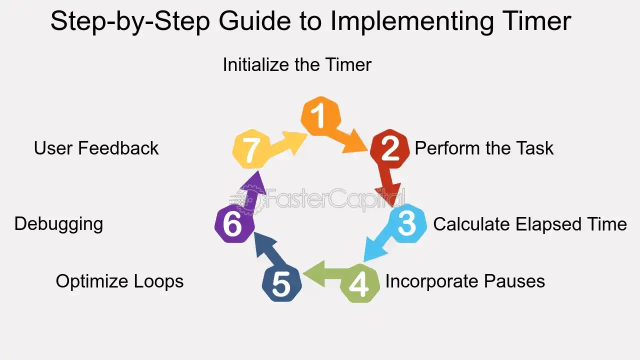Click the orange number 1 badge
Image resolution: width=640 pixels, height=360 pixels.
[320, 115]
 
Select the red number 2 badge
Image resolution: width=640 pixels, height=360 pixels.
[389, 149]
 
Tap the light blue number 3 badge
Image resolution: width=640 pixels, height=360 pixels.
[407, 223]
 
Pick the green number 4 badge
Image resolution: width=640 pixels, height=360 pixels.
[360, 283]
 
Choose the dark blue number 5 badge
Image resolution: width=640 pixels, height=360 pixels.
[281, 283]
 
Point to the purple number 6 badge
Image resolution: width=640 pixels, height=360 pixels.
[234, 224]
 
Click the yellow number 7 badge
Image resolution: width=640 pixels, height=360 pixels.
[251, 149]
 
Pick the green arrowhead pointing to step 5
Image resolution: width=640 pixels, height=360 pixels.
[314, 273]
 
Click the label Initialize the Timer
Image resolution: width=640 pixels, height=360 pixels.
[297, 64]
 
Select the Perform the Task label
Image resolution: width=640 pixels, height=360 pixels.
[484, 148]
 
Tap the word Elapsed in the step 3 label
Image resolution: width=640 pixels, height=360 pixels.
[548, 224]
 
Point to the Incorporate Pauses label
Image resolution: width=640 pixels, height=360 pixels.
[465, 281]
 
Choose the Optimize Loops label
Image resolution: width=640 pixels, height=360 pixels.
[119, 281]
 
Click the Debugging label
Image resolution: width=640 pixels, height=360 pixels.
[59, 224]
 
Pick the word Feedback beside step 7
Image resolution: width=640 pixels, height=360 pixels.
[118, 148]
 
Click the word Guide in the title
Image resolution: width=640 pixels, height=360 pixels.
[255, 21]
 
